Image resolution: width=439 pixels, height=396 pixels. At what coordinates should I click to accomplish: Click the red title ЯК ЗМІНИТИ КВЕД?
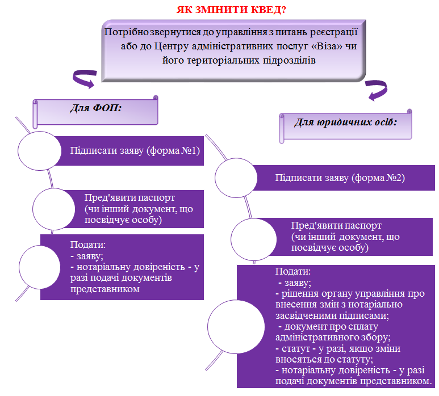click(x=231, y=10)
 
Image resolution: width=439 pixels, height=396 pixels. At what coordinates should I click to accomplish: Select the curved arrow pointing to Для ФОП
click(x=84, y=78)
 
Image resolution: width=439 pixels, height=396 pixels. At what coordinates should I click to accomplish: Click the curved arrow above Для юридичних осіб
click(x=377, y=90)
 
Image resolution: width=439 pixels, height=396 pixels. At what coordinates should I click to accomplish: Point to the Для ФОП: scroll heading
click(x=95, y=112)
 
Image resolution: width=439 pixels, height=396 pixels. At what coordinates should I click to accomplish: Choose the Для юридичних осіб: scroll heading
click(x=346, y=126)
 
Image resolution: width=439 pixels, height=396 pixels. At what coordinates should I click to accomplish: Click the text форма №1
click(x=174, y=150)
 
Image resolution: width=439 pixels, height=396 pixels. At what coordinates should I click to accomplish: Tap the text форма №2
click(x=379, y=178)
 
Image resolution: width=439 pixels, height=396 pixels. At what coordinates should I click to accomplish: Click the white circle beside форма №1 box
click(x=40, y=151)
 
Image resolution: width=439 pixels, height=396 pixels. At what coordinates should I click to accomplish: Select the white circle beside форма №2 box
click(x=236, y=178)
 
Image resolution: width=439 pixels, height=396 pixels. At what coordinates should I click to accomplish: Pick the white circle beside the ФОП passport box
click(x=54, y=209)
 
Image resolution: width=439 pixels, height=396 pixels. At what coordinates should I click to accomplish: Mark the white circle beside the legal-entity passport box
click(x=254, y=239)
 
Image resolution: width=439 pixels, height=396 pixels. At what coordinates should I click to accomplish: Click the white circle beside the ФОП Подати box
click(x=40, y=267)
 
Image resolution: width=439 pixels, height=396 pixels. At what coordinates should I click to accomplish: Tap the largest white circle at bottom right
click(x=236, y=326)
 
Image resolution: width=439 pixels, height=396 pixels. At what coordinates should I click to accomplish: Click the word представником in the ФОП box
click(x=105, y=289)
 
